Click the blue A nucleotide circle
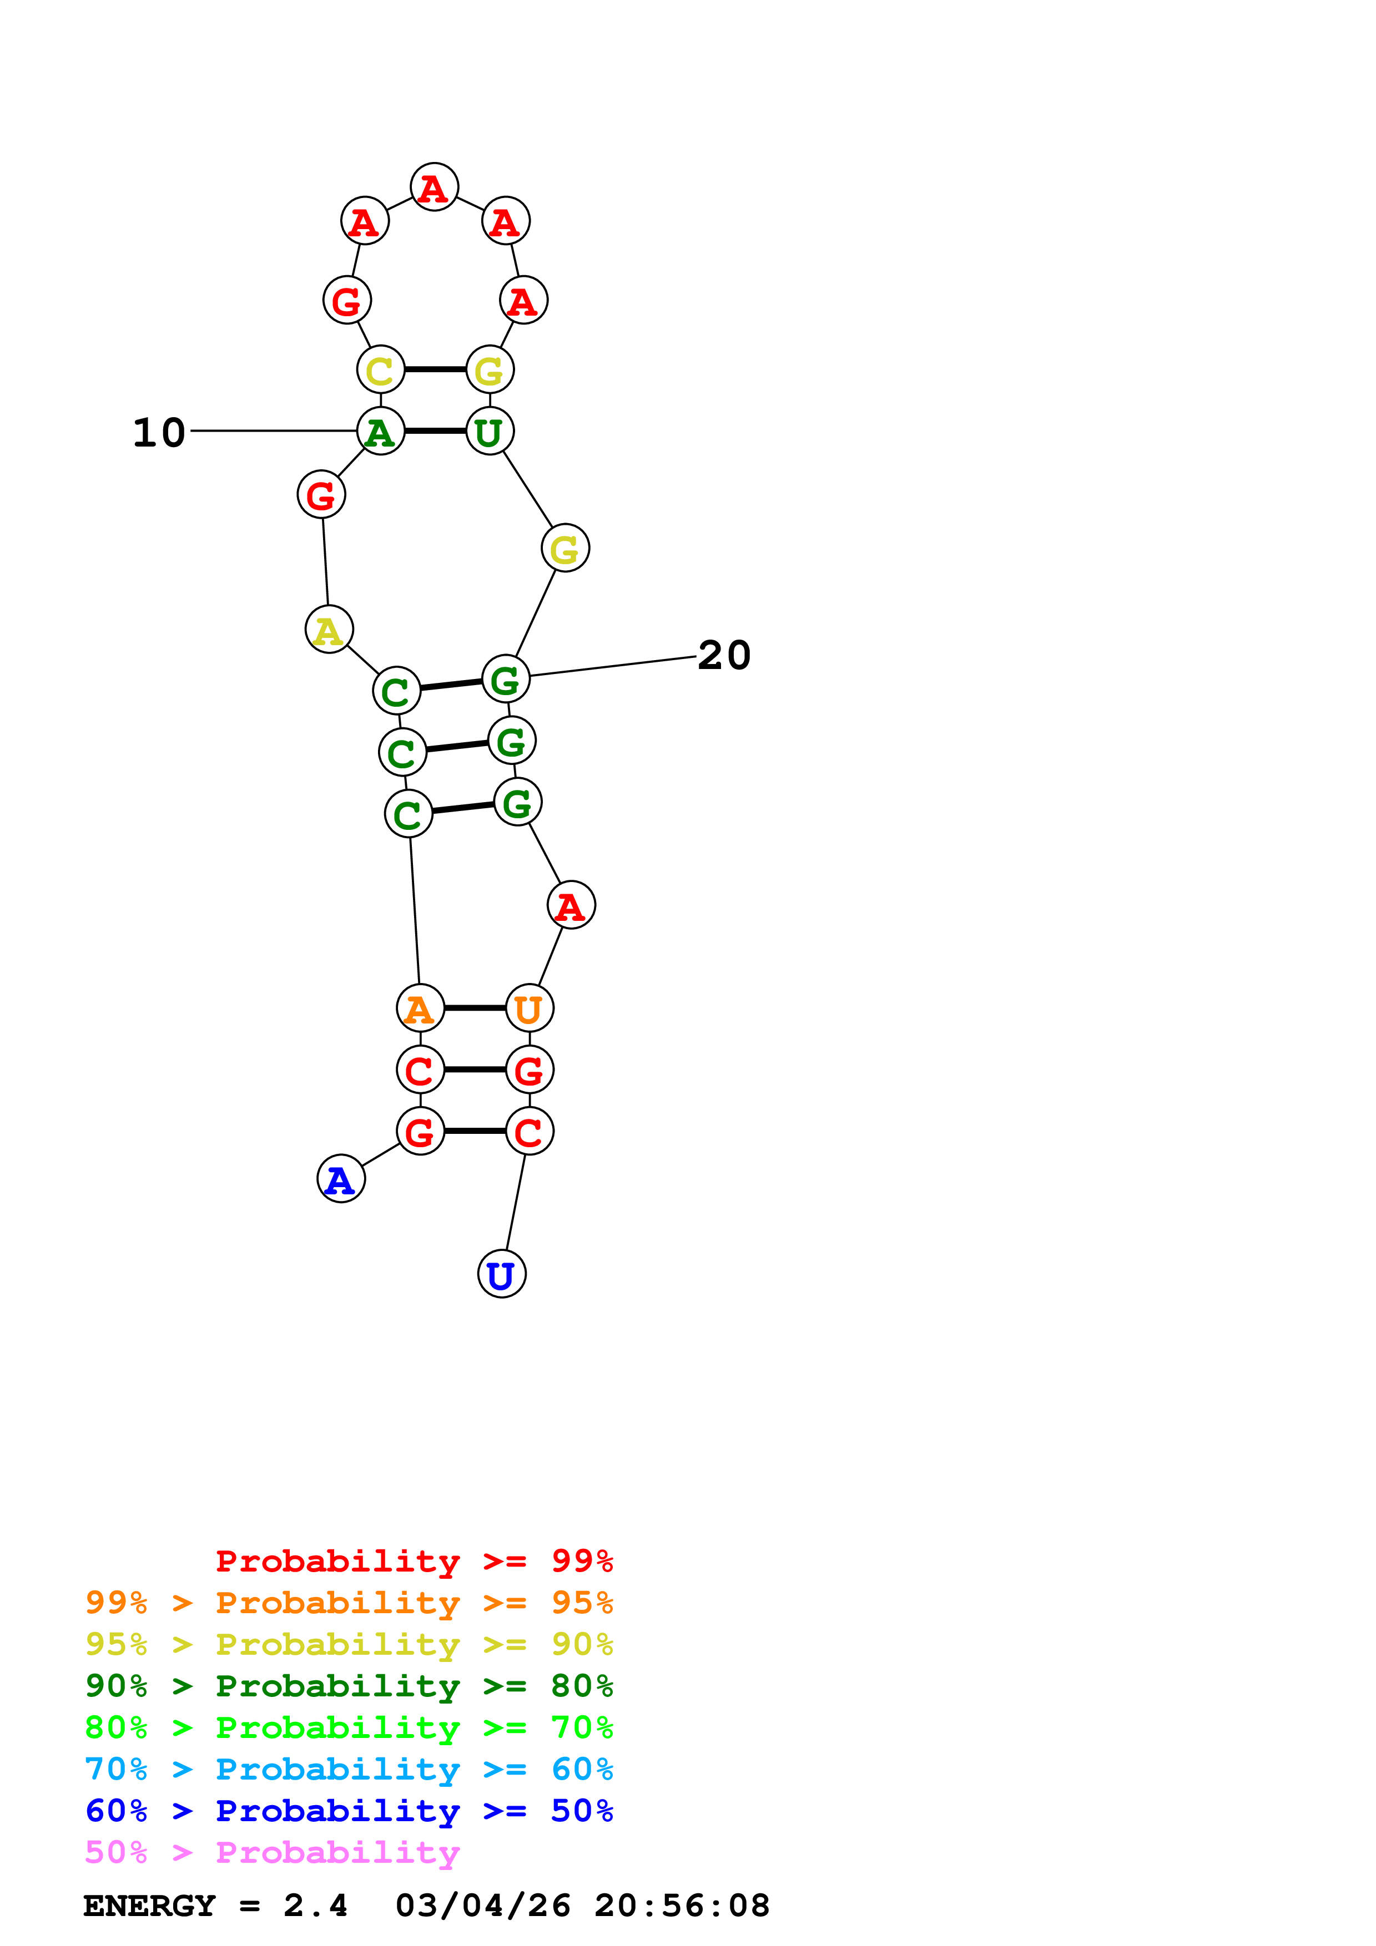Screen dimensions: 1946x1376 point(341,1179)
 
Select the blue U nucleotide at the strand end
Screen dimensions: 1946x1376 point(502,1274)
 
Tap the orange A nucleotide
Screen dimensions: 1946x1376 point(421,1009)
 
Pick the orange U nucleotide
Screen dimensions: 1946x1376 point(530,1009)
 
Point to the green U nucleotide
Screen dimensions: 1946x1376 point(490,432)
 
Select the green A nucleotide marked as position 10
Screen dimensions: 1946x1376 point(381,432)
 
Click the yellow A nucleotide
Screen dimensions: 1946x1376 point(329,630)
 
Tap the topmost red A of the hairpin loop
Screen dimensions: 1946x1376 point(434,187)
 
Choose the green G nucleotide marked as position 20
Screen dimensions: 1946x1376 point(506,679)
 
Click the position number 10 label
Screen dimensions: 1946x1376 point(159,433)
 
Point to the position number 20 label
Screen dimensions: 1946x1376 point(724,655)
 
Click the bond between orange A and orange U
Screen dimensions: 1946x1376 point(475,1009)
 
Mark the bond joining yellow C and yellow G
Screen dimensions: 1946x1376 point(435,369)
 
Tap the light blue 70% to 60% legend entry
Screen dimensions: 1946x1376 point(349,1770)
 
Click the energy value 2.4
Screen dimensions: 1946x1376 point(315,1906)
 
